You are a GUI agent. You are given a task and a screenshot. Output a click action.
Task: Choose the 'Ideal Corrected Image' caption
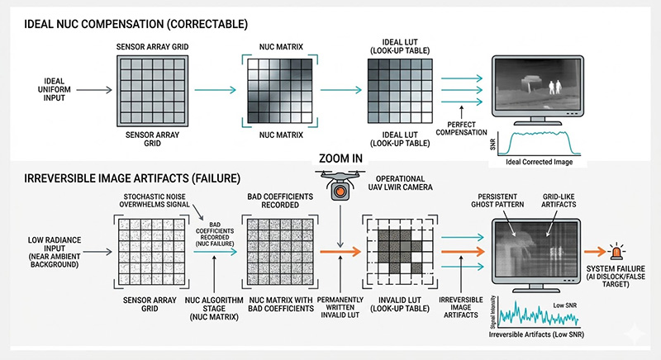(x=537, y=163)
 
